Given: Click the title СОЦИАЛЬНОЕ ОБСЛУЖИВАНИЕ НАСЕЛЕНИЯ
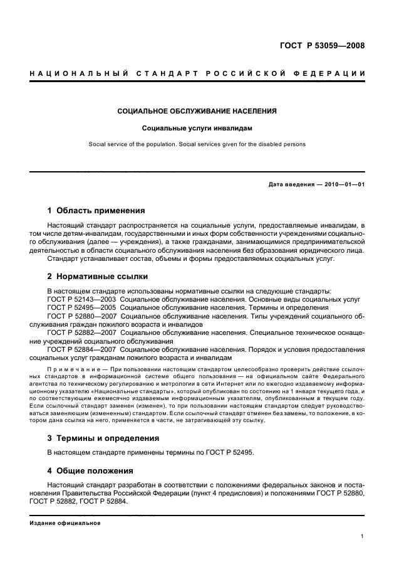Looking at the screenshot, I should [x=197, y=112].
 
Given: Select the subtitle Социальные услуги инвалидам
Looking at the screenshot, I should [x=197, y=128].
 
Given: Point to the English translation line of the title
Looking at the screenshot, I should [x=197, y=144].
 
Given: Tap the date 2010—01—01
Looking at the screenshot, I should [x=343, y=184].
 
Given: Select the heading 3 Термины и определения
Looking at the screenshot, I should [x=103, y=438].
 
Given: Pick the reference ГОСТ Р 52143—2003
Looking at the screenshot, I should [x=82, y=299].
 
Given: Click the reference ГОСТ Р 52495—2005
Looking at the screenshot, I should [x=82, y=308].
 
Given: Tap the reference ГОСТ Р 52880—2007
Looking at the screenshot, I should [x=82, y=317].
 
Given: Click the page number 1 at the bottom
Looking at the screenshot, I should [x=363, y=537].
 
